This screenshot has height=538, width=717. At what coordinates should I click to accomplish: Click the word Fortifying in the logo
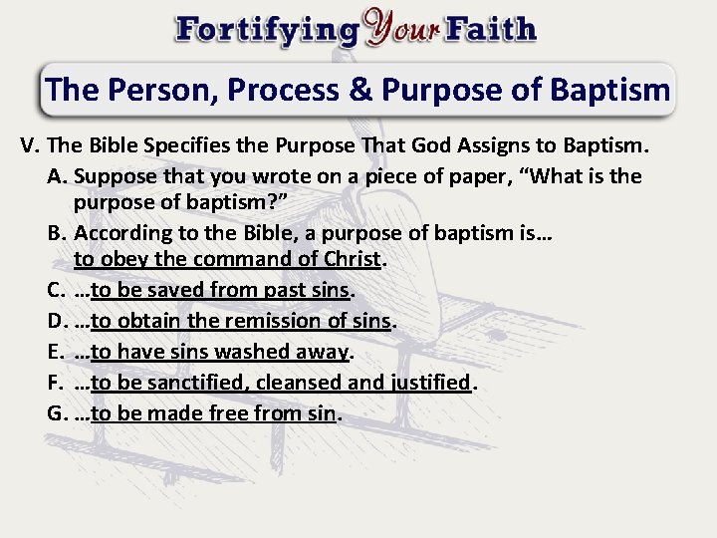point(266,29)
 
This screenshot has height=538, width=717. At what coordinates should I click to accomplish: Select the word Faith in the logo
point(492,29)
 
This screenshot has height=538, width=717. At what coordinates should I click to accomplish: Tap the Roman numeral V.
point(29,146)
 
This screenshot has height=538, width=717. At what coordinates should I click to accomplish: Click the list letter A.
point(55,176)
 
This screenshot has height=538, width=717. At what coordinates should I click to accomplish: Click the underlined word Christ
point(353,259)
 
